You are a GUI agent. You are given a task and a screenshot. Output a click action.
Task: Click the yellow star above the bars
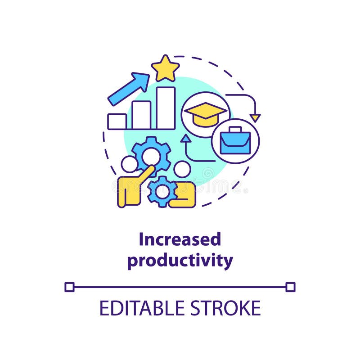click(x=165, y=68)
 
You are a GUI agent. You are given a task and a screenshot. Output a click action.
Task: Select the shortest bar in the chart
click(x=117, y=121)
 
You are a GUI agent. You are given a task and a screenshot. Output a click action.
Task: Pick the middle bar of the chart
click(x=141, y=115)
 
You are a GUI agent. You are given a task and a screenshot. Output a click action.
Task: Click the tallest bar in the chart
click(x=166, y=108)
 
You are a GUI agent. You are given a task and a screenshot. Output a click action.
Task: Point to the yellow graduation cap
click(x=206, y=113)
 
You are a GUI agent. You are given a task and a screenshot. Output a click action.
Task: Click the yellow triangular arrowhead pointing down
click(x=255, y=118)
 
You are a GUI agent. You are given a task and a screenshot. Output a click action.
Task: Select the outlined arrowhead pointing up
click(x=185, y=139)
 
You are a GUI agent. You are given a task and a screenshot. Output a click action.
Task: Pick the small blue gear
click(x=162, y=192)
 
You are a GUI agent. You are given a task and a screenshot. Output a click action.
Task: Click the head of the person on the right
click(x=182, y=170)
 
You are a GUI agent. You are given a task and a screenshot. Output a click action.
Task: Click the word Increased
click(x=180, y=239)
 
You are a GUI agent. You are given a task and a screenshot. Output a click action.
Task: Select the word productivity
click(x=180, y=261)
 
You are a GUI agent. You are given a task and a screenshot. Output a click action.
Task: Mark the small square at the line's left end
click(x=69, y=287)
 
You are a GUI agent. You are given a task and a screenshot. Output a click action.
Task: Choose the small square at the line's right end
click(x=290, y=287)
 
